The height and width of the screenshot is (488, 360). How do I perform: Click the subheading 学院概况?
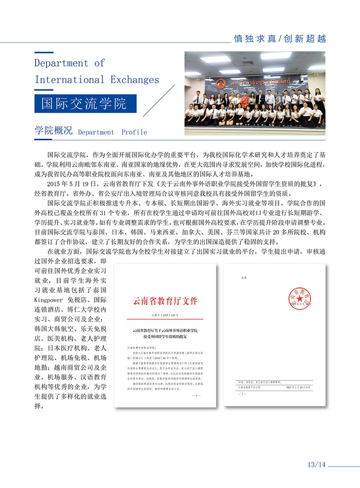click(x=53, y=130)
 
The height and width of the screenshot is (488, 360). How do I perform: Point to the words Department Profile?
click(x=112, y=132)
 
